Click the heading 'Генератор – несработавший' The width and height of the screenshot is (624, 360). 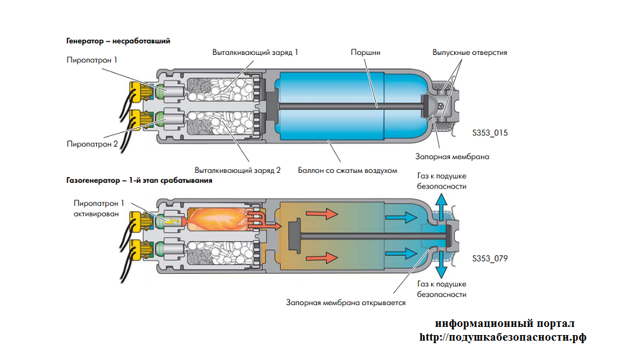coord(118,41)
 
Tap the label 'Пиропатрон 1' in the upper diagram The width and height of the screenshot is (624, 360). coord(92,61)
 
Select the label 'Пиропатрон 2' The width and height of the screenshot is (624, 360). coord(92,144)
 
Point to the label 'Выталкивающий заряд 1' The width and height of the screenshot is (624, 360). coord(255,52)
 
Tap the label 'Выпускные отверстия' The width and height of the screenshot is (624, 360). coord(470,52)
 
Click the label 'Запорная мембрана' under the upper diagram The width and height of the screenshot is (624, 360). coord(452,157)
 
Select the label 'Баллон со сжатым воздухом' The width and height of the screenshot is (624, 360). coord(347,170)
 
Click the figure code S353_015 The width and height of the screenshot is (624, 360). coord(490,132)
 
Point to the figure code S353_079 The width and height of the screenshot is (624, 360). coord(490,258)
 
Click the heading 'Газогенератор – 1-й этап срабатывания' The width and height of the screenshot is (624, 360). coord(139,180)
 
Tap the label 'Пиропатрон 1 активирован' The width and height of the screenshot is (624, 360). coord(99,208)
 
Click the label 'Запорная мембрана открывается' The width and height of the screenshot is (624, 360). coord(346,303)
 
